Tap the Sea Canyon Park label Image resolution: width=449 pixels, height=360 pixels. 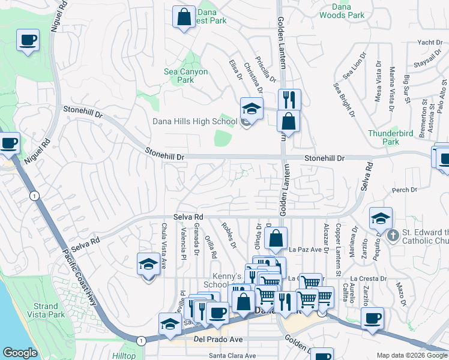186,76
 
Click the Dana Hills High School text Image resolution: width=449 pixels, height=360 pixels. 194,122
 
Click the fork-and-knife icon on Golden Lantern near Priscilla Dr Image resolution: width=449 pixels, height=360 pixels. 289,99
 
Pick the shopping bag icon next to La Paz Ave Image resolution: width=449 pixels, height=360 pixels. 276,238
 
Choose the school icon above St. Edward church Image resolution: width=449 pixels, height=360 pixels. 381,218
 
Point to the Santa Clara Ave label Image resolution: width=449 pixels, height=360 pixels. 232,355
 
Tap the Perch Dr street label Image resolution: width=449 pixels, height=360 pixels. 404,190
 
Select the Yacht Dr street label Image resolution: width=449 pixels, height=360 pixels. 429,43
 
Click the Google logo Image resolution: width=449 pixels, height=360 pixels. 20,352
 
